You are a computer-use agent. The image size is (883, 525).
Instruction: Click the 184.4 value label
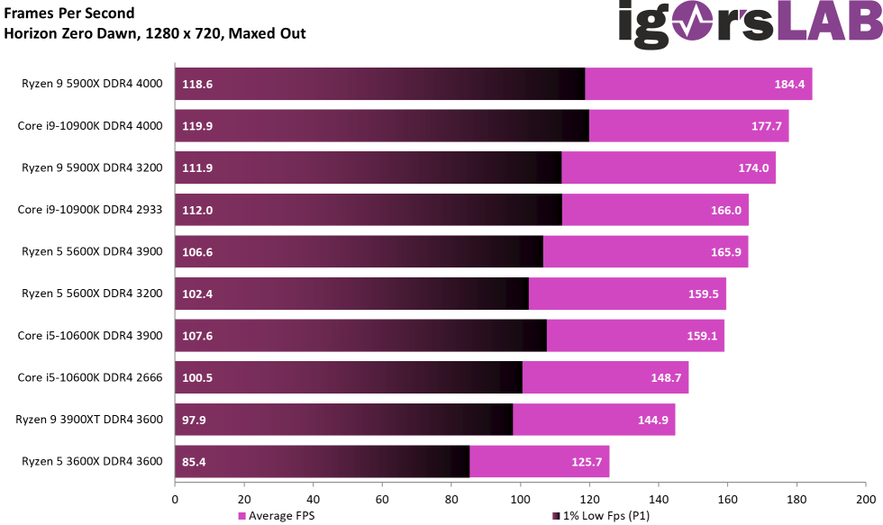(x=789, y=85)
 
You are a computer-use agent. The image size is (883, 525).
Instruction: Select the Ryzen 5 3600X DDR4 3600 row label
(x=92, y=462)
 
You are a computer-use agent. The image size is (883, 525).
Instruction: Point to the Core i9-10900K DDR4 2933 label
(x=90, y=210)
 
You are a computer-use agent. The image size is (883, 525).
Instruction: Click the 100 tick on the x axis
(x=520, y=498)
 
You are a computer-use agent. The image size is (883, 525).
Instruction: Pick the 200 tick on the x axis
(x=865, y=498)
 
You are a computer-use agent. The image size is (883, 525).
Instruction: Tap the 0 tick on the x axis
(x=175, y=498)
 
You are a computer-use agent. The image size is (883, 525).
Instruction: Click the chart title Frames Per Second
(x=69, y=14)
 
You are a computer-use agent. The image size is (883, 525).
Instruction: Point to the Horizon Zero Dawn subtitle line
(x=155, y=34)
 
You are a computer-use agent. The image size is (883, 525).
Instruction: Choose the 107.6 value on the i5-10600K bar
(x=197, y=336)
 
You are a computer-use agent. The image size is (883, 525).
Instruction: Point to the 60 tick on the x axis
(x=382, y=498)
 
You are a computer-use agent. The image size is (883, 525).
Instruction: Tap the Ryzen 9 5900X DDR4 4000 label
(x=92, y=84)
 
